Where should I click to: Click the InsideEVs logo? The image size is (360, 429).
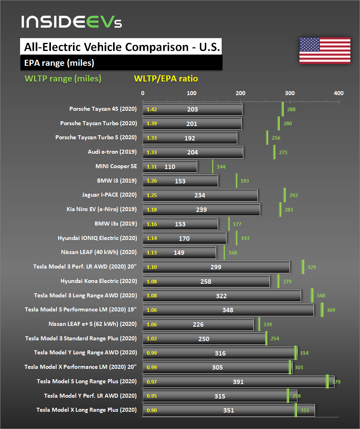pos(71,22)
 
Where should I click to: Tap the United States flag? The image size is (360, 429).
pos(325,51)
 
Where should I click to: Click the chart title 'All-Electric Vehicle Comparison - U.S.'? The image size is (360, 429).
pos(121,47)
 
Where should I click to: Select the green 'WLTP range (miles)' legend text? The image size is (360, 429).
pos(63,79)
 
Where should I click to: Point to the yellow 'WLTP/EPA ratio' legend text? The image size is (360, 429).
pos(166,79)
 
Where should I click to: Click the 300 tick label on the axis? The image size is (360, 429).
pos(290,93)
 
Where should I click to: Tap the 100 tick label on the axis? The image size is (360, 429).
pos(192,93)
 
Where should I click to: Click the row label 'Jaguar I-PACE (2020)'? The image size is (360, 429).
pos(109,195)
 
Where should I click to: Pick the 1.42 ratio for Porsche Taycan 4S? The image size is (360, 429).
pos(152,109)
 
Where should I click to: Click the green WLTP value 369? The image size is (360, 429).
pos(331,310)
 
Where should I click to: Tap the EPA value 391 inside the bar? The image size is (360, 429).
pos(238,382)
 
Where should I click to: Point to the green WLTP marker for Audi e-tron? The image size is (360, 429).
pos(274,152)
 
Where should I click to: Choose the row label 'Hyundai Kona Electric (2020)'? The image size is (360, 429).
pos(99,281)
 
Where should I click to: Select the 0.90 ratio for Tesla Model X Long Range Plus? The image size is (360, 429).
pos(152,410)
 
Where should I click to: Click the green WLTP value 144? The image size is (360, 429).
pos(221,167)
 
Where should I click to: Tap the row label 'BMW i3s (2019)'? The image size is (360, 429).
pos(115,224)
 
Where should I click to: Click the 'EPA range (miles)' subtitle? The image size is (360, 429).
pos(59,63)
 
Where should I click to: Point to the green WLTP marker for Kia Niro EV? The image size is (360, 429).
pos(280,209)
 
